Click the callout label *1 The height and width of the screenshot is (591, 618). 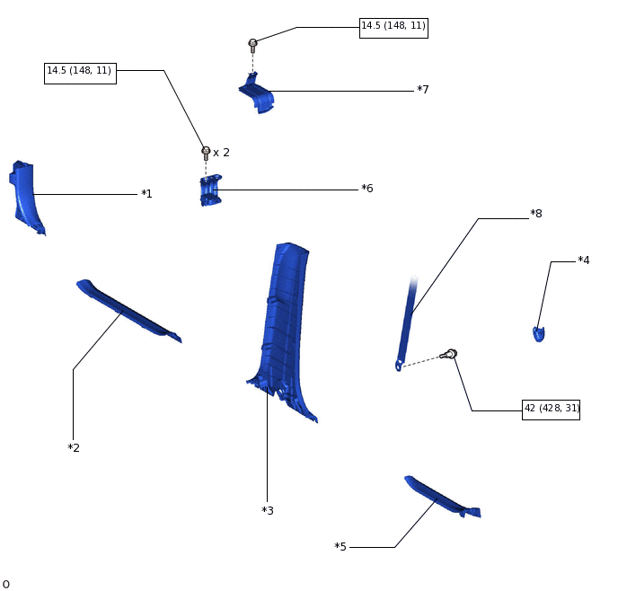coord(146,194)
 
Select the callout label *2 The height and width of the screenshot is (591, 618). coord(74,448)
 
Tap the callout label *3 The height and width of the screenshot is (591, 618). coord(268,511)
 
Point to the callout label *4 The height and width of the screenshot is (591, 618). coord(584,260)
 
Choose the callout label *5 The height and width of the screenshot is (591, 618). coord(340,547)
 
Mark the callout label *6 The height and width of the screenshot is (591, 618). coord(366,189)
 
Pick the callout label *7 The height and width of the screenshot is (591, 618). coord(422,90)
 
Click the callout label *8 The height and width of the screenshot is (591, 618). coord(536,214)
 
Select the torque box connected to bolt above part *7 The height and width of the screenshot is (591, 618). coord(393,27)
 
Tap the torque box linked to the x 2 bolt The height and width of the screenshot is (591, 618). coord(80,72)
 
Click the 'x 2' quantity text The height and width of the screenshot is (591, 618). coord(221,153)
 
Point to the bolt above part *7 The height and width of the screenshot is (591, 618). coord(252,44)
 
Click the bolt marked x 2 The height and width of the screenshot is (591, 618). coord(206,153)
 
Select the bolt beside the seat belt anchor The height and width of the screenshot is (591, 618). coord(450,355)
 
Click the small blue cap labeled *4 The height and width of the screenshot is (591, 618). coord(538,334)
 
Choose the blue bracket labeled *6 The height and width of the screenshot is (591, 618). coord(210,191)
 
